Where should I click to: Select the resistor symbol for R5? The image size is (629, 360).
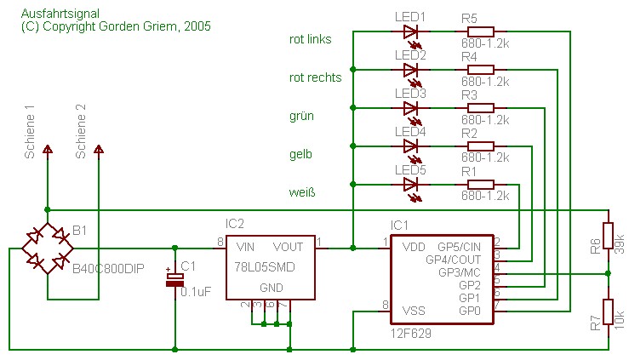[x=481, y=31]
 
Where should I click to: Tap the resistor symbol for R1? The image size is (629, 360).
[x=481, y=185]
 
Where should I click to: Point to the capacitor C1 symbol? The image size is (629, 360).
[x=174, y=279]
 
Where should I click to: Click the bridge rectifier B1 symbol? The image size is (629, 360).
[x=48, y=249]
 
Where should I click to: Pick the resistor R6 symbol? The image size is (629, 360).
[x=608, y=237]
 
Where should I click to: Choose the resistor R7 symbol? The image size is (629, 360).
[x=608, y=312]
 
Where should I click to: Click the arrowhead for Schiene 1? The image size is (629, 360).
[x=48, y=149]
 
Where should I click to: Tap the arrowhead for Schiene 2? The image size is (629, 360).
[x=99, y=149]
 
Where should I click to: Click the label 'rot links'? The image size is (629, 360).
[x=310, y=39]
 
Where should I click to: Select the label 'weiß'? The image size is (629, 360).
[x=302, y=192]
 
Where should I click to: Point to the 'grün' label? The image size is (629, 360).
[x=301, y=117]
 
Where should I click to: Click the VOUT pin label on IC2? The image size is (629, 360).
[x=288, y=247]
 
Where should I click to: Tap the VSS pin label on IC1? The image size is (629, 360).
[x=414, y=311]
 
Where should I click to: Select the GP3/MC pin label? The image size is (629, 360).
[x=460, y=272]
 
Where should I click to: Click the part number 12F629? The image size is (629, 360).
[x=411, y=333]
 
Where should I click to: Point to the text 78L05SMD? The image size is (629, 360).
[x=265, y=267]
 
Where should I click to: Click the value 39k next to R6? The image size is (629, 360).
[x=620, y=243]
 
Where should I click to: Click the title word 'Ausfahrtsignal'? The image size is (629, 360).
[x=60, y=14]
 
